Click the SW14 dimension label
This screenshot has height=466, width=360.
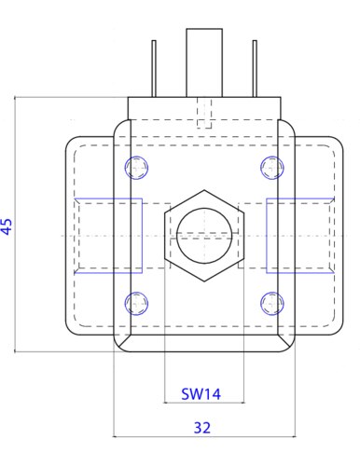(x=201, y=394)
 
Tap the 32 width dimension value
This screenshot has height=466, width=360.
(x=202, y=428)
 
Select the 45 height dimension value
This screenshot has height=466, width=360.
(x=7, y=226)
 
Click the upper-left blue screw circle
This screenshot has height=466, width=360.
(x=136, y=168)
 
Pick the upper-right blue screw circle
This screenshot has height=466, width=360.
(x=272, y=168)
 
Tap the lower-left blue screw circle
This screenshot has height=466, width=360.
(x=136, y=304)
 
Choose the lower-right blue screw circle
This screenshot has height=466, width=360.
(x=272, y=304)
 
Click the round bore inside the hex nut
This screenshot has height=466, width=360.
(x=204, y=236)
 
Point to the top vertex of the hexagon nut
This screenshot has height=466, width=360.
(x=204, y=190)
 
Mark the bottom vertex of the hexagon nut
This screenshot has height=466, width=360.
(x=204, y=281)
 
